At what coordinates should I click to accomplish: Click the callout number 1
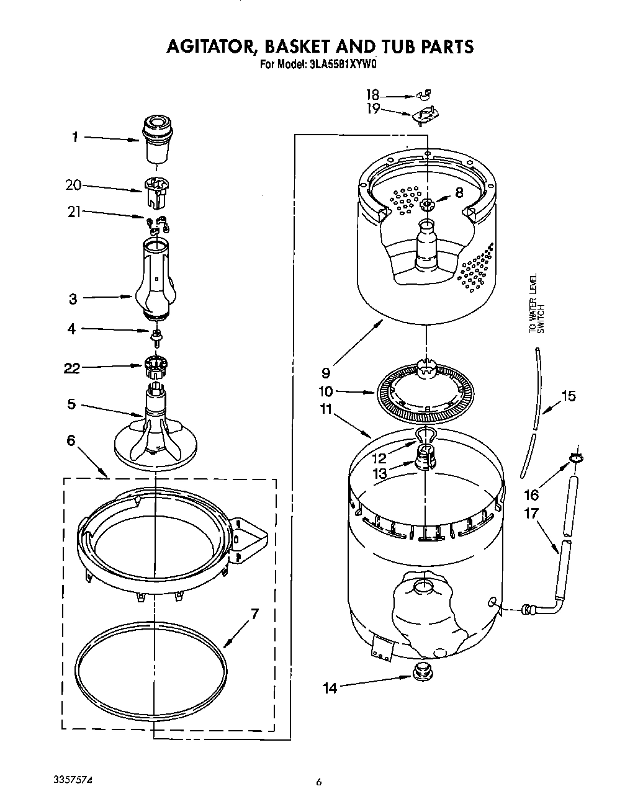[x=74, y=137]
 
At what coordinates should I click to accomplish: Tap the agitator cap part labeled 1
[x=156, y=140]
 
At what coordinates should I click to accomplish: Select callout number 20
[x=73, y=184]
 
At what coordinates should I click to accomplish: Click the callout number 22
[x=72, y=368]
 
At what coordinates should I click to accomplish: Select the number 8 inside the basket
[x=459, y=193]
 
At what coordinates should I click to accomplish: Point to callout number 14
[x=330, y=688]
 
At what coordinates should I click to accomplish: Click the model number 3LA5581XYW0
[x=342, y=64]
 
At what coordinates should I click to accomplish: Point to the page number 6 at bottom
[x=319, y=783]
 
